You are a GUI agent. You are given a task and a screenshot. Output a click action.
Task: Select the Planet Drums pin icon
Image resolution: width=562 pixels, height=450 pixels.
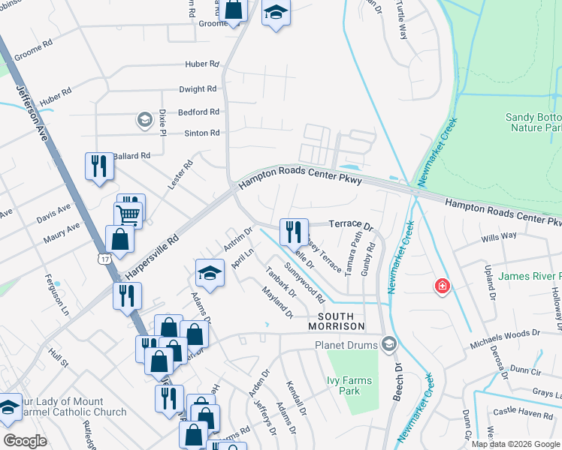click(x=388, y=344)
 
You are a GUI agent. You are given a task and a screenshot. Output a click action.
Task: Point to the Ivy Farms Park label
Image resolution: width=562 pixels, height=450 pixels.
click(x=349, y=385)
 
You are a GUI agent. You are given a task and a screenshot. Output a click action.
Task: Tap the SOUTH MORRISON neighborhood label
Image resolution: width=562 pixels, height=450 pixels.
click(x=337, y=325)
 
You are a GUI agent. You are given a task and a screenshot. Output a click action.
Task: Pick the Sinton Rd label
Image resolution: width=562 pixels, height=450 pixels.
click(x=202, y=133)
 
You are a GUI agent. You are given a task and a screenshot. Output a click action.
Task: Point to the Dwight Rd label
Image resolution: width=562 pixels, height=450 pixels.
click(x=198, y=89)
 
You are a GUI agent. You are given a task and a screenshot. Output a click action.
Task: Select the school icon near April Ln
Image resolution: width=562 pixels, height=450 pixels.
click(x=210, y=273)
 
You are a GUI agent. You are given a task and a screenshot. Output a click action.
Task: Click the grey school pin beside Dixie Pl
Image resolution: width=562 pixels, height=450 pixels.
click(x=144, y=119)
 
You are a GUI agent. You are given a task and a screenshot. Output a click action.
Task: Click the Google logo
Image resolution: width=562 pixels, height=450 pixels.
click(x=25, y=441)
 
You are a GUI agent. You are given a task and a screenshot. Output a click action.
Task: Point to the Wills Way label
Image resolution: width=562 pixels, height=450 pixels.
click(x=498, y=235)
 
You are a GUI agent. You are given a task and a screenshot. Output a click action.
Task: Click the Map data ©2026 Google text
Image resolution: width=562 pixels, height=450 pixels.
click(x=515, y=443)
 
